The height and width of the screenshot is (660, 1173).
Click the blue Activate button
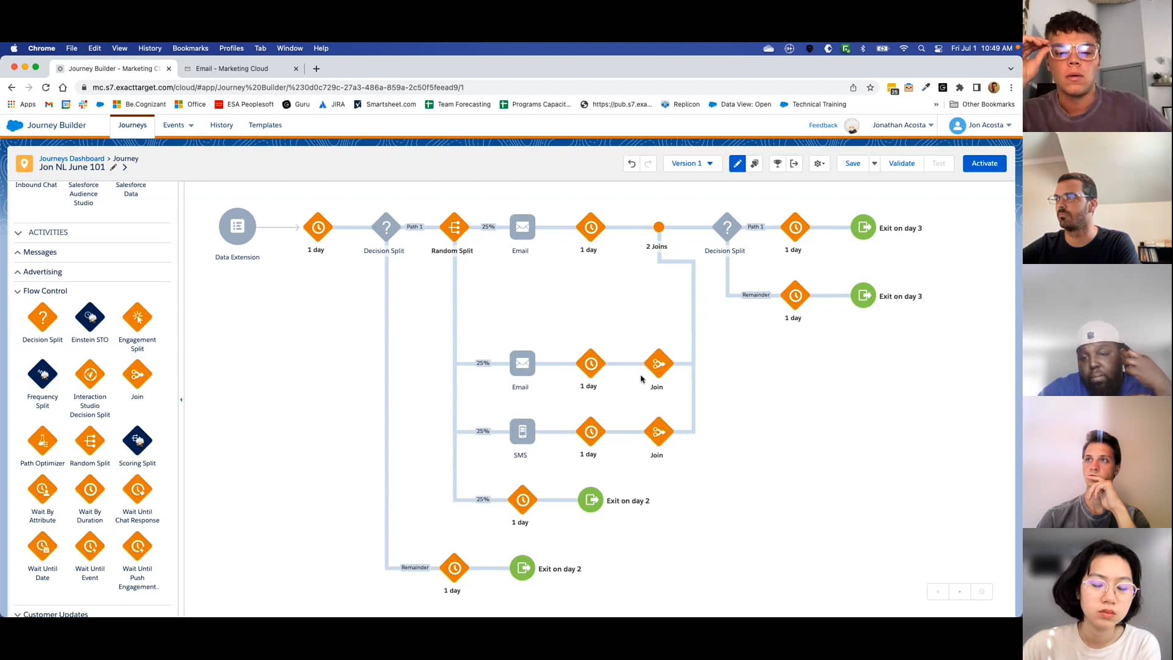[984, 163]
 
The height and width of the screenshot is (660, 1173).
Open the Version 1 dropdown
[692, 163]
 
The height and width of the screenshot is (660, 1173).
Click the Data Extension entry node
[237, 227]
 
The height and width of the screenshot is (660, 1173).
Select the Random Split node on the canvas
[454, 227]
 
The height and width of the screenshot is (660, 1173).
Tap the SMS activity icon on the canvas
[522, 431]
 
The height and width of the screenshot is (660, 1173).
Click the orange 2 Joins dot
[659, 227]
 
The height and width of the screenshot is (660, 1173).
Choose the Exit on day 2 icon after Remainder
[522, 568]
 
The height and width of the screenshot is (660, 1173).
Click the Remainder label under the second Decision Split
[756, 295]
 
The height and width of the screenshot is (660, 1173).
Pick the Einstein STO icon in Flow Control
[90, 317]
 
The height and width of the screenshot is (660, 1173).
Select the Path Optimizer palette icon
[42, 441]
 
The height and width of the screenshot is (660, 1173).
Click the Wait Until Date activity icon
[42, 546]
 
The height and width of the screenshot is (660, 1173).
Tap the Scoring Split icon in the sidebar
[137, 441]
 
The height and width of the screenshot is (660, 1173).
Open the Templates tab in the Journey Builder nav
[265, 125]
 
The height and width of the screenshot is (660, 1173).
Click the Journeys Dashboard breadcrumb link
[71, 158]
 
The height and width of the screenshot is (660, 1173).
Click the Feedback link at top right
[823, 125]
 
